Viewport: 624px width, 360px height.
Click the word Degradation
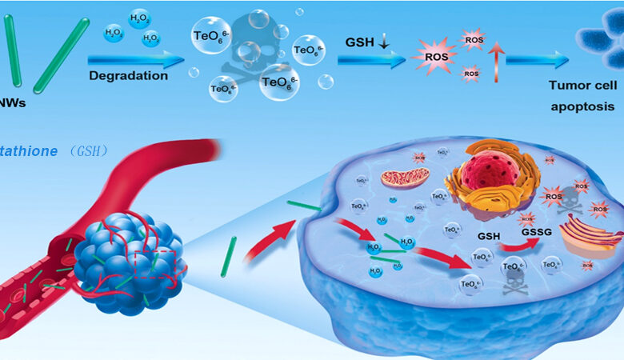[x=127, y=77]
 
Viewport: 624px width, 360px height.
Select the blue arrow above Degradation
[x=131, y=59]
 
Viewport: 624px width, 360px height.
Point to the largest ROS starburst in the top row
[x=433, y=59]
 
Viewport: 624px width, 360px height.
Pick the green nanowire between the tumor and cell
[x=228, y=257]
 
